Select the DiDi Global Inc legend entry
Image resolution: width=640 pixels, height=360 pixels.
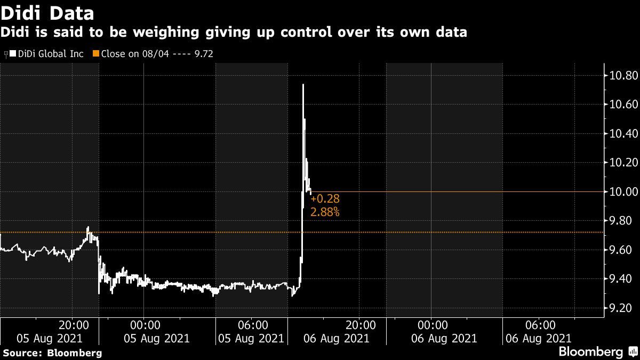pyautogui.click(x=48, y=54)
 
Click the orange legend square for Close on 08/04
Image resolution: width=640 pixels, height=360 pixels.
pyautogui.click(x=96, y=54)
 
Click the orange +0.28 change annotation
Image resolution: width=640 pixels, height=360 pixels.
pyautogui.click(x=325, y=199)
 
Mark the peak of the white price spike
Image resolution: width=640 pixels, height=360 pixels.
pyautogui.click(x=303, y=84)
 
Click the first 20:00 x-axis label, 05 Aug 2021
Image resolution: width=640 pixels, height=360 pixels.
pyautogui.click(x=73, y=325)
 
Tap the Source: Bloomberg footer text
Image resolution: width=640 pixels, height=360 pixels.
pyautogui.click(x=52, y=353)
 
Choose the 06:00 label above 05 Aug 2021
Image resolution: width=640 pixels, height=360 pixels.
pyautogui.click(x=252, y=325)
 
